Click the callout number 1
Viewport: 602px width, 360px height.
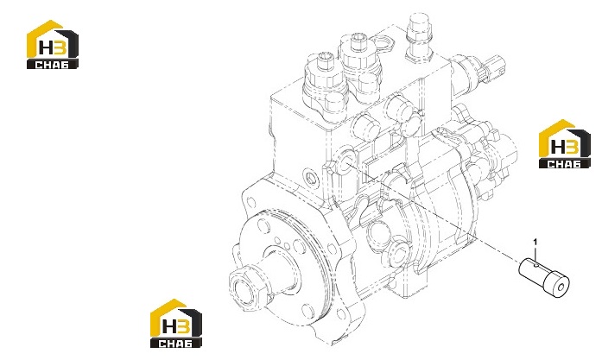click(x=535, y=242)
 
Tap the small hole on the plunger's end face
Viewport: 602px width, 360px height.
click(x=561, y=287)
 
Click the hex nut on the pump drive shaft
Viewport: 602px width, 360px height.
click(x=245, y=287)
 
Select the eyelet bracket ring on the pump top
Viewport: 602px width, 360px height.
click(x=382, y=43)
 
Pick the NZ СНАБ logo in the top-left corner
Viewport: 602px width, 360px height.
click(x=52, y=45)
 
